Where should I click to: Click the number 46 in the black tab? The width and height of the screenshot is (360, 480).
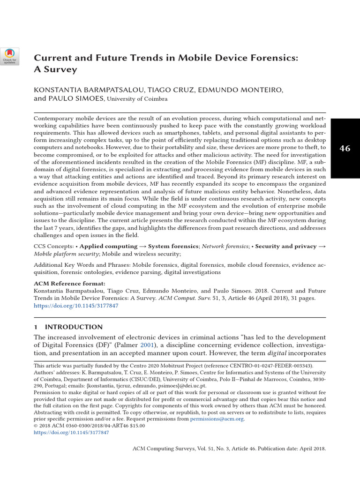click(x=345, y=148)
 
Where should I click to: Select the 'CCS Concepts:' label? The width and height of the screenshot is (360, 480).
click(x=53, y=246)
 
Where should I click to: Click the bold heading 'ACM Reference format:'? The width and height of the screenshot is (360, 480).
click(x=69, y=284)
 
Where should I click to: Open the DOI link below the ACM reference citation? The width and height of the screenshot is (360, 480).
click(x=76, y=305)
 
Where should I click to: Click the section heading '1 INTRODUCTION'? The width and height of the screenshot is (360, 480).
click(x=68, y=327)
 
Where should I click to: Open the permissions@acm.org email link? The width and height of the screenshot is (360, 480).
click(x=217, y=419)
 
